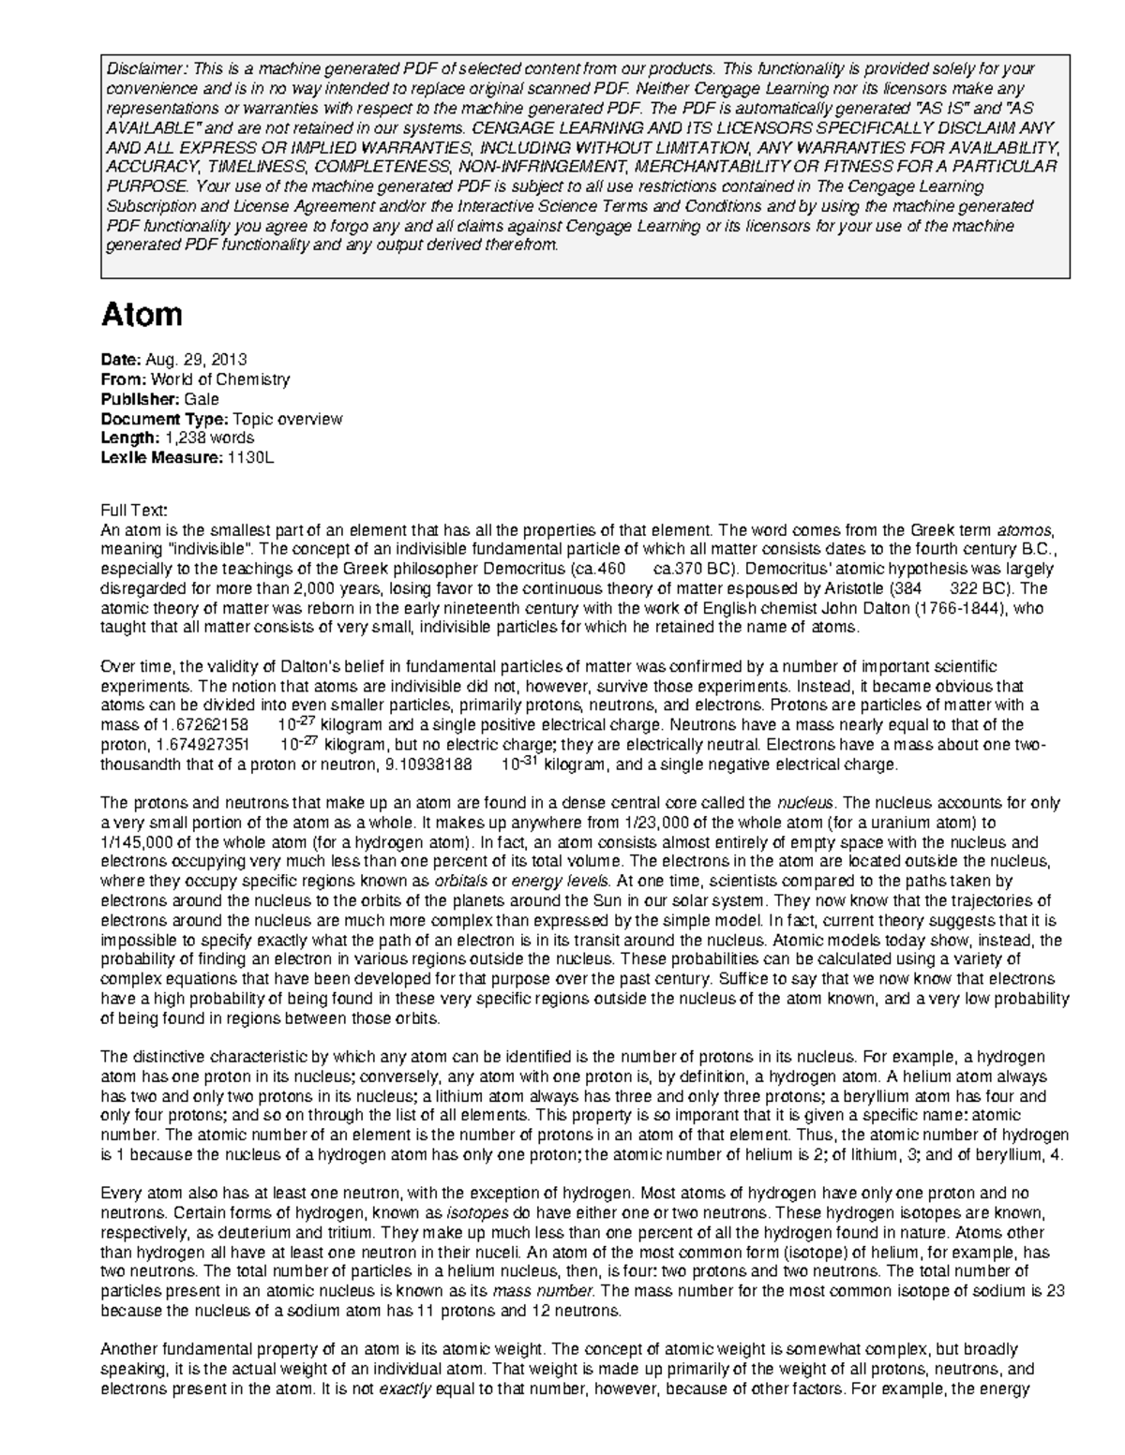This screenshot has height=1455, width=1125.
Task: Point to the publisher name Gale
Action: tap(202, 399)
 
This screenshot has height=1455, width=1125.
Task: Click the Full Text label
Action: tap(134, 510)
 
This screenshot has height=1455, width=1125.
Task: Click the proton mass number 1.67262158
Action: tap(205, 726)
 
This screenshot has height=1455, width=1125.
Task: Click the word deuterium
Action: tap(240, 1233)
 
